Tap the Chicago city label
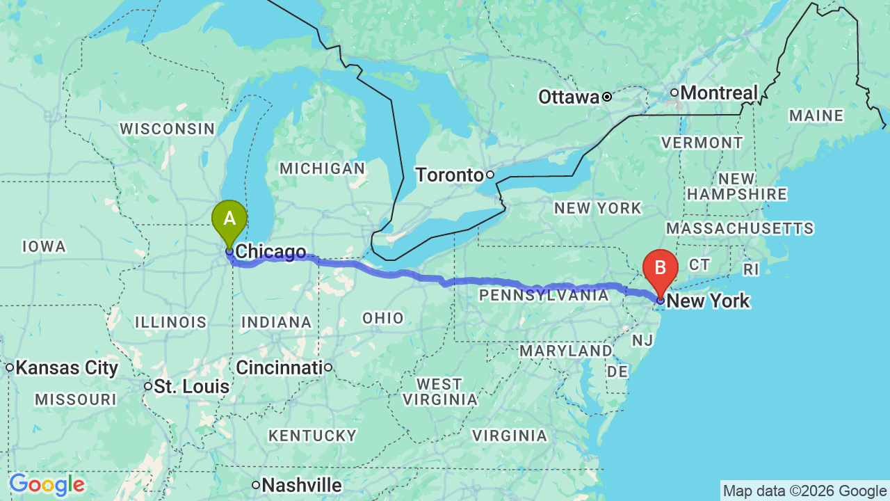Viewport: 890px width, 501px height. coord(270,252)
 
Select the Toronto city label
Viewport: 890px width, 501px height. coord(449,175)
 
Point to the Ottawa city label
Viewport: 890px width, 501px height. coord(568,97)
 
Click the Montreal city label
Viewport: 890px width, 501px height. coord(719,93)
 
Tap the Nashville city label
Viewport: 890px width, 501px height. coord(302,485)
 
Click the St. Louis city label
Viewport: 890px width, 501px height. coord(191,386)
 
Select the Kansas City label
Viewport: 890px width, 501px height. coord(67,367)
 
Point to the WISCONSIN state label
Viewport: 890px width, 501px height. coord(168,129)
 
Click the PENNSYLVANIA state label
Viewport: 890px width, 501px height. coord(544,295)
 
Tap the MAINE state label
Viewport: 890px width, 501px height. coord(816,116)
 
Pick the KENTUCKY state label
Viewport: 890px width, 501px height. coord(312,436)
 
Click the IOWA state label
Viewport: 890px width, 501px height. coord(44,246)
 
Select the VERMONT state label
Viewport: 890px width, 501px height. coord(702,143)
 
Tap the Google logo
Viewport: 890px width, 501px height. coord(47,484)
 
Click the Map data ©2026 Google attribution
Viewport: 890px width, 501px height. coord(804,491)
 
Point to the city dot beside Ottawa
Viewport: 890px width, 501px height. coord(607,97)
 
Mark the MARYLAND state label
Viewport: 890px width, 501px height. coord(565,350)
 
